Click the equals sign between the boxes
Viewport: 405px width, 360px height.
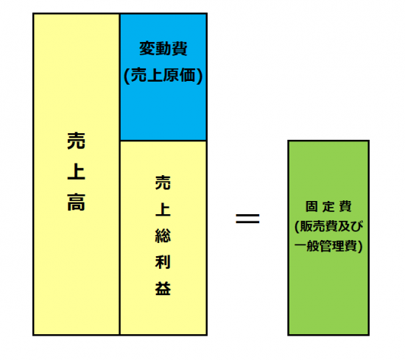click(x=247, y=219)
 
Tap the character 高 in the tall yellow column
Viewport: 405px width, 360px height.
click(x=76, y=202)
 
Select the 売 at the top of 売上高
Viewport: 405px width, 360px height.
click(x=76, y=141)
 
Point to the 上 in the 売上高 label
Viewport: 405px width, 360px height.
click(x=76, y=172)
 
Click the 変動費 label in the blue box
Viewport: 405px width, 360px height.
click(x=163, y=49)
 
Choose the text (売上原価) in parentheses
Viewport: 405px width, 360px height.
click(x=163, y=76)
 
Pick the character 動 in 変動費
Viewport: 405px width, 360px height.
click(x=163, y=49)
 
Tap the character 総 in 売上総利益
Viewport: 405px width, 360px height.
click(x=163, y=236)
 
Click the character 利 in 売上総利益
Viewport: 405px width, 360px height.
click(x=163, y=262)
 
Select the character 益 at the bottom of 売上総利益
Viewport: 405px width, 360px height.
click(x=163, y=288)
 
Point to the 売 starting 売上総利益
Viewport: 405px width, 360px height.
click(x=163, y=183)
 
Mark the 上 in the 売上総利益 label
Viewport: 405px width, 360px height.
click(x=163, y=209)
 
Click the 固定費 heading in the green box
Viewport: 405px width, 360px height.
click(x=328, y=207)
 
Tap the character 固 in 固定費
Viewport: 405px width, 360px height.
click(x=311, y=207)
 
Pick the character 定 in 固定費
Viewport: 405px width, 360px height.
click(x=328, y=207)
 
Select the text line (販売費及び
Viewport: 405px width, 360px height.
click(x=329, y=227)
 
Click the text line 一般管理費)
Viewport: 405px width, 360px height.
click(x=328, y=246)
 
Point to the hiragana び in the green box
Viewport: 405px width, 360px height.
click(x=356, y=226)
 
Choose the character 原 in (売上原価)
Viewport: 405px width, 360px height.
click(x=171, y=76)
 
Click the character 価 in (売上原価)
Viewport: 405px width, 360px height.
click(x=187, y=76)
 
